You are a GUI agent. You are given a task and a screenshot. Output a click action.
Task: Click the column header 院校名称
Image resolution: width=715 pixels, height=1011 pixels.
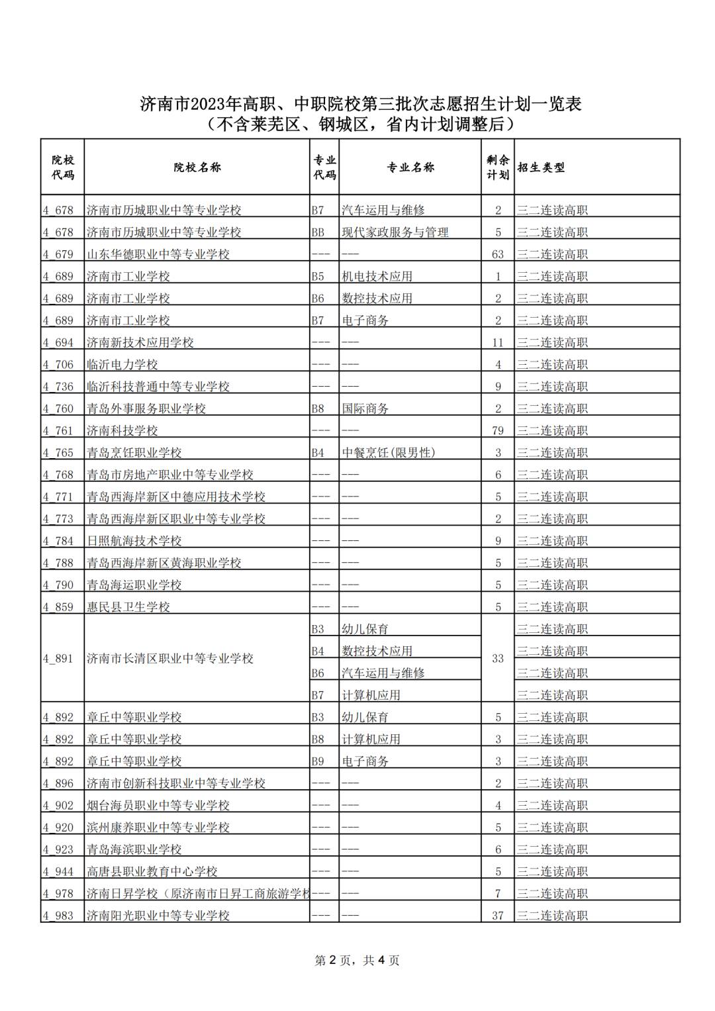pyautogui.click(x=197, y=168)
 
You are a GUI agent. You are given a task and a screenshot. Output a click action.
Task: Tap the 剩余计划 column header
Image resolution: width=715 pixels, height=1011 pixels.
pyautogui.click(x=498, y=168)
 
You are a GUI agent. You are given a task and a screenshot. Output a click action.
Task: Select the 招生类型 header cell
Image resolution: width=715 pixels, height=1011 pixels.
pyautogui.click(x=541, y=168)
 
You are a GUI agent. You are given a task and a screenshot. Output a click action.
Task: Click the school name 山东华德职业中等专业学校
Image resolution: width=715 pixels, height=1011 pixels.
pyautogui.click(x=158, y=254)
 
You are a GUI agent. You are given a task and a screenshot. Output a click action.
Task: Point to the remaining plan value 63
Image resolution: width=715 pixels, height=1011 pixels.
pyautogui.click(x=498, y=254)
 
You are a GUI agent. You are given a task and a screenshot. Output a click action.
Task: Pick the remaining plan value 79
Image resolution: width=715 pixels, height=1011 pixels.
pyautogui.click(x=498, y=431)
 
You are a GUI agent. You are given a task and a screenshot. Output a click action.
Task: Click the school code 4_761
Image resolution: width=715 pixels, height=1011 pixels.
pyautogui.click(x=58, y=431)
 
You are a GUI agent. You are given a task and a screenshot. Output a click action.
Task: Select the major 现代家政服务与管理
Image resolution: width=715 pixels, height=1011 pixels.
pyautogui.click(x=395, y=232)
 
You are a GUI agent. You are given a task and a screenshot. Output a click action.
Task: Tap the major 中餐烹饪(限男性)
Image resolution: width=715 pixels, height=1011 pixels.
pyautogui.click(x=389, y=453)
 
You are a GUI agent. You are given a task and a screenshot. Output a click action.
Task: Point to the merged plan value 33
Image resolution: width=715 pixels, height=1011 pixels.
pyautogui.click(x=498, y=659)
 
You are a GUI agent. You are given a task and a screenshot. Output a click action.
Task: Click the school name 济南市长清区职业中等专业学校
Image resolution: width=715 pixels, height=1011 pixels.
pyautogui.click(x=170, y=659)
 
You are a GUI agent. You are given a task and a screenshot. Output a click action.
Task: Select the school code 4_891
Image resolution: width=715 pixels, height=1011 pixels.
pyautogui.click(x=58, y=659)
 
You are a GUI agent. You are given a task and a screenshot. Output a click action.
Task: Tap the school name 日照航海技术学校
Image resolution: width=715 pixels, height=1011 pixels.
pyautogui.click(x=134, y=541)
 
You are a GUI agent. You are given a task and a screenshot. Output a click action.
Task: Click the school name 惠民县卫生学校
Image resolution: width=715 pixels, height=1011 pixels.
pyautogui.click(x=128, y=607)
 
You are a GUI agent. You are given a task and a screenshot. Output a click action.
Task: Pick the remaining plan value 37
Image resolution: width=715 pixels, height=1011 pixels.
pyautogui.click(x=498, y=916)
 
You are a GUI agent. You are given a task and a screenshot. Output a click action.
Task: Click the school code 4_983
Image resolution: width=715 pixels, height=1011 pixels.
pyautogui.click(x=58, y=916)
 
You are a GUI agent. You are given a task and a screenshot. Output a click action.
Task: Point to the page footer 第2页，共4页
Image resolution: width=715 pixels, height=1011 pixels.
pyautogui.click(x=357, y=960)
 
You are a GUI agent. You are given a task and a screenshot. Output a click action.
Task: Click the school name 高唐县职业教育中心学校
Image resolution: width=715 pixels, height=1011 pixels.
pyautogui.click(x=152, y=871)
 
